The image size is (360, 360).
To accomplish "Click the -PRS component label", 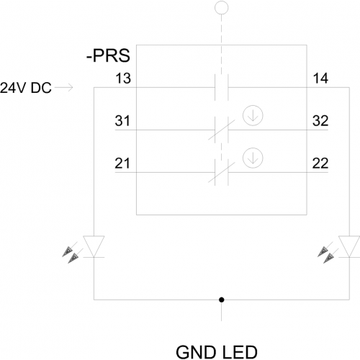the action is (x=108, y=55).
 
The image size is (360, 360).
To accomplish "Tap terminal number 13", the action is (x=123, y=78).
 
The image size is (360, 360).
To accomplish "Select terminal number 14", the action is (x=320, y=78).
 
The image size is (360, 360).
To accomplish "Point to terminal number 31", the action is (x=122, y=121).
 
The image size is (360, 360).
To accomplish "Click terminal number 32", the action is (x=320, y=121).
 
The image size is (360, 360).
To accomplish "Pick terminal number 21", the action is (x=122, y=163).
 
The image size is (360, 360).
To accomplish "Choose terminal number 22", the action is (x=320, y=163).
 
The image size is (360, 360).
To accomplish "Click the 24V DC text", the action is (x=26, y=88).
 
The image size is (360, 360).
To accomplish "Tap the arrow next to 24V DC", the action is (x=64, y=88).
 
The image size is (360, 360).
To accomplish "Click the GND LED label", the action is (x=217, y=352).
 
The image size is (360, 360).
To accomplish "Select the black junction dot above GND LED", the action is (x=222, y=300).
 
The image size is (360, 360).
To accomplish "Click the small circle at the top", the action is (x=222, y=8).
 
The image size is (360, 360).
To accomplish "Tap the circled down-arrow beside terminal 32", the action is (x=253, y=115).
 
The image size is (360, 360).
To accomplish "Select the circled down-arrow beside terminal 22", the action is (x=253, y=158).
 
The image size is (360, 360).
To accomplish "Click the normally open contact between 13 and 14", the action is (x=222, y=87).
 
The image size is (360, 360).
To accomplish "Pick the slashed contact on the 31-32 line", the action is (x=222, y=130).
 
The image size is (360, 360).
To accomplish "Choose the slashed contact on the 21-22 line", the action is (x=222, y=172).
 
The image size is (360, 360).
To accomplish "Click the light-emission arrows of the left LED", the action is (x=73, y=253).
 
